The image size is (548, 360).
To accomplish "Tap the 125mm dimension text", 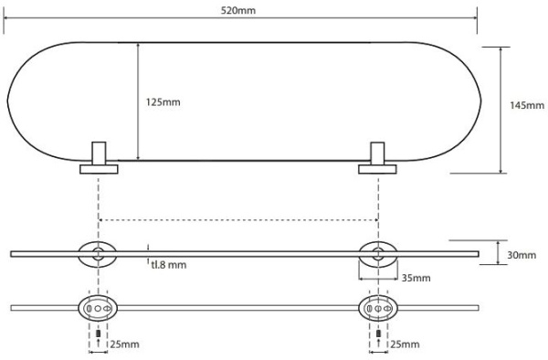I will [x=163, y=101].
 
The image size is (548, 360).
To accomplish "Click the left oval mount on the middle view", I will [x=95, y=253].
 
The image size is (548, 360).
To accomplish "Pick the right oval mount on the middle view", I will [x=376, y=253].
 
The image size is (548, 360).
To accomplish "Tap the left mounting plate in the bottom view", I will [x=95, y=309].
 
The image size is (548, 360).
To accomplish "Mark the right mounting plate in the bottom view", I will [x=376, y=309].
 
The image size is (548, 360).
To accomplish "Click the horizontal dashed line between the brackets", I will [x=237, y=219].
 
